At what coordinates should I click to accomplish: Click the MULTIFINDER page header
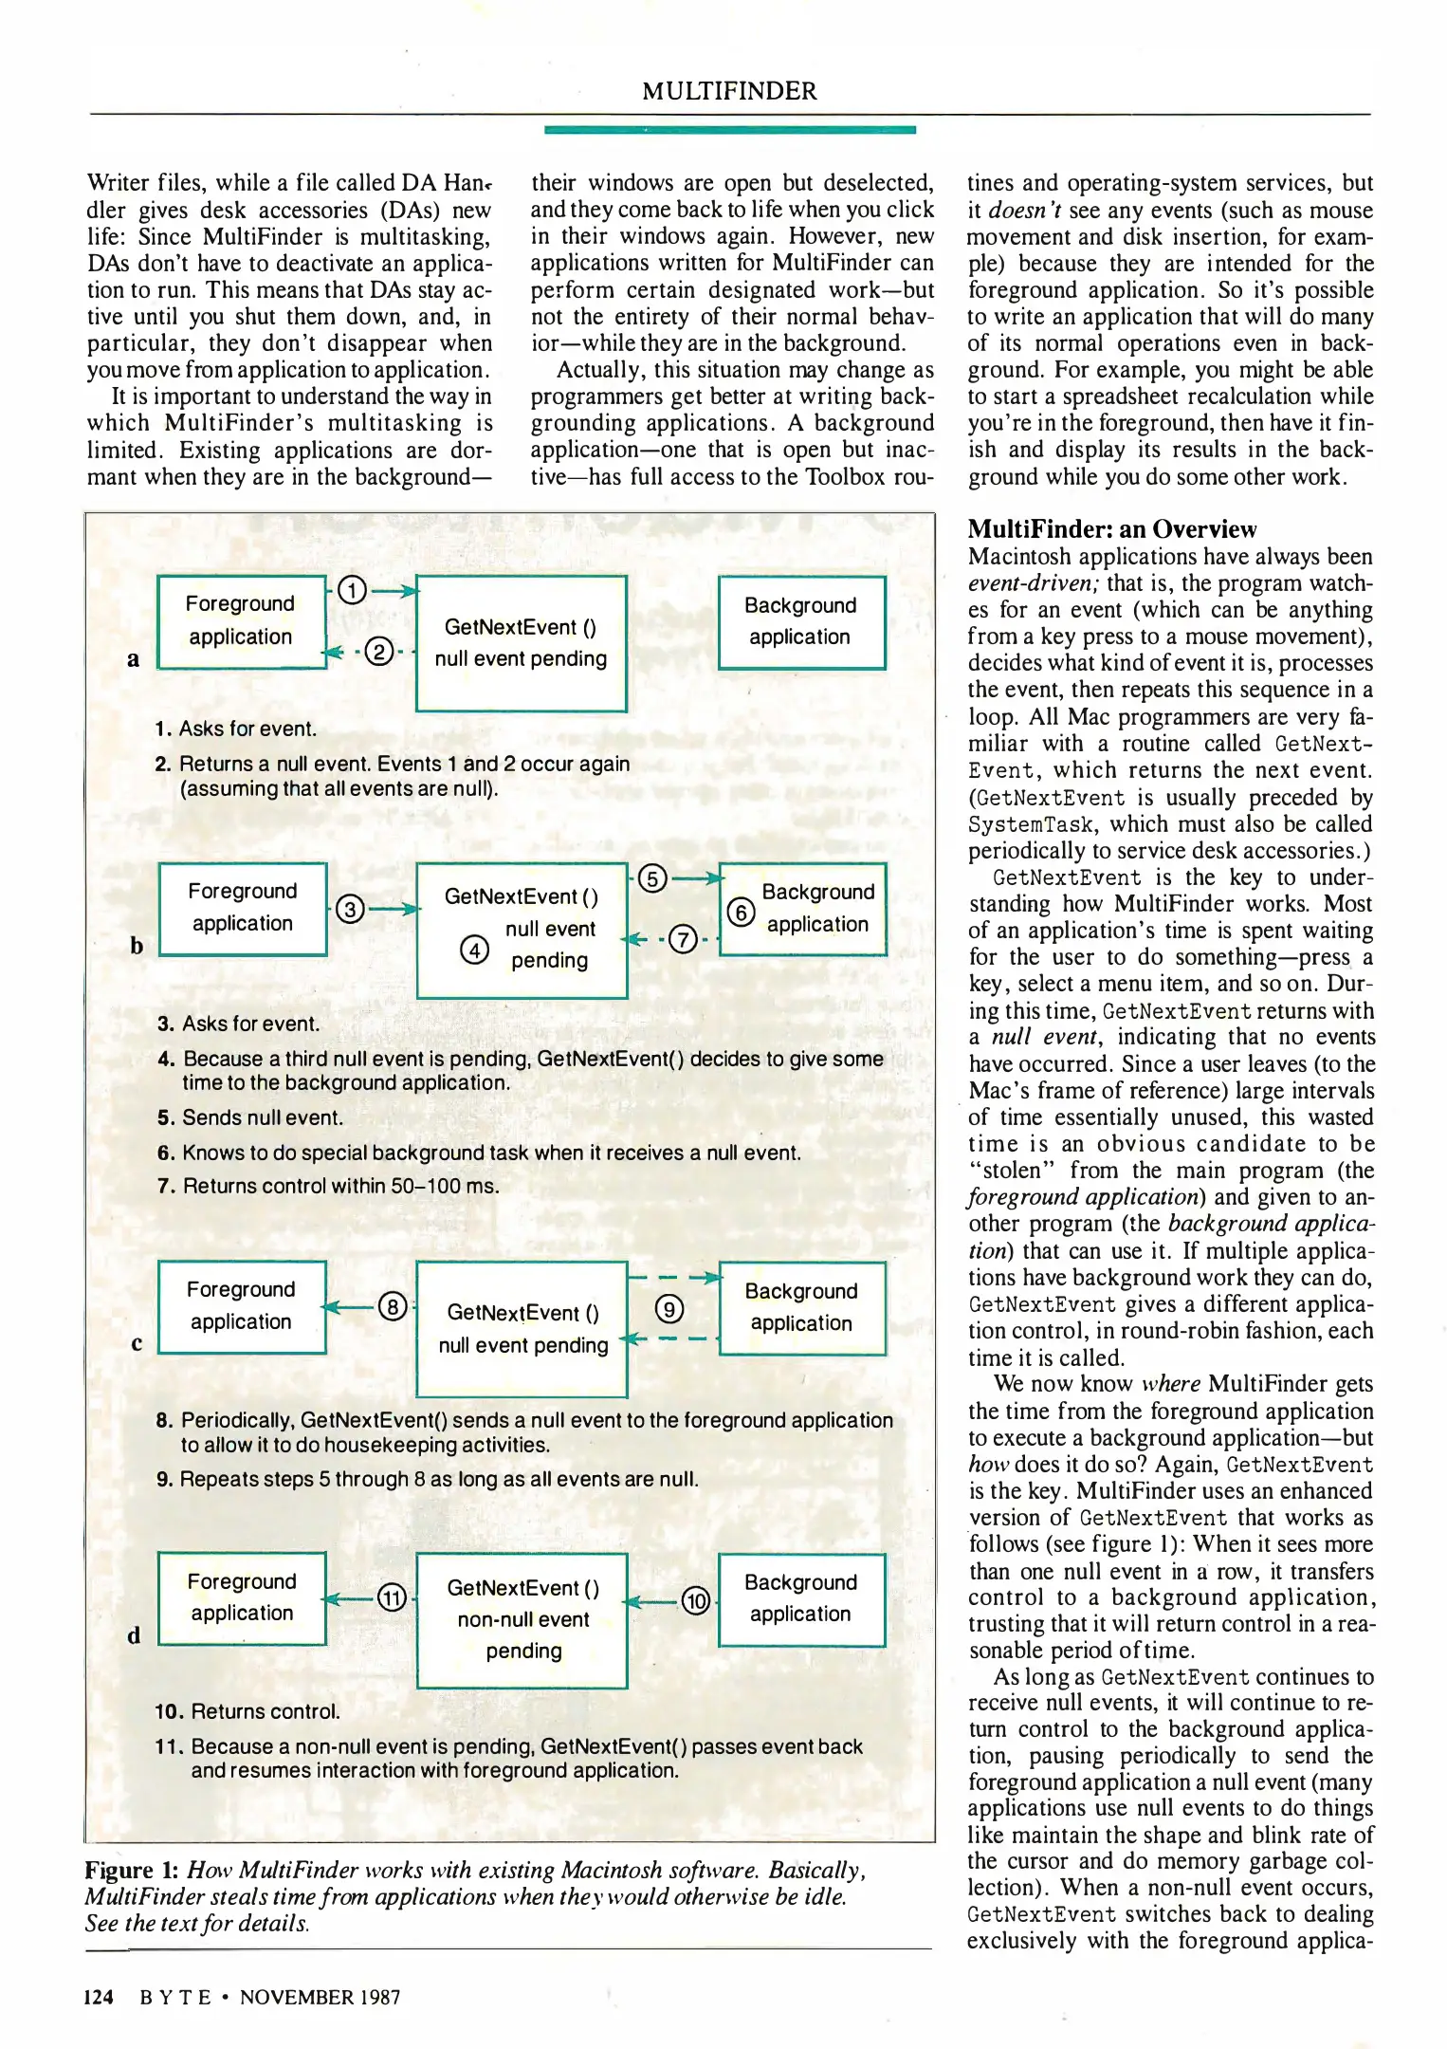click(728, 91)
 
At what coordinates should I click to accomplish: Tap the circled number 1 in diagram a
click(352, 591)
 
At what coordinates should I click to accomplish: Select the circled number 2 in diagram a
click(379, 652)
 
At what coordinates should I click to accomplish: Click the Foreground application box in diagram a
click(241, 621)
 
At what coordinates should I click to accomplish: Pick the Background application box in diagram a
click(801, 622)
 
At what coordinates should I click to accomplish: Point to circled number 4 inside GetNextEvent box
click(474, 949)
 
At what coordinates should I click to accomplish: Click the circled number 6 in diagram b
click(741, 912)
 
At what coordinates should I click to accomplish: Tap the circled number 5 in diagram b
click(653, 878)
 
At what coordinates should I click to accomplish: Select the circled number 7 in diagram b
click(683, 939)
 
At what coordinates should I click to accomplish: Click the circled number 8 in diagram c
click(394, 1307)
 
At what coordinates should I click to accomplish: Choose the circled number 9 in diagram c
click(669, 1310)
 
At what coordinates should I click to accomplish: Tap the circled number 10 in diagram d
click(696, 1601)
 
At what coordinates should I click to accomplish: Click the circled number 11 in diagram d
click(393, 1598)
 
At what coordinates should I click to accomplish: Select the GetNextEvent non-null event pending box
click(522, 1620)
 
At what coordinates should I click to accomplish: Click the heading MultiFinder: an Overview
click(1111, 529)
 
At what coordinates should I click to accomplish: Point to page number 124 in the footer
click(99, 1997)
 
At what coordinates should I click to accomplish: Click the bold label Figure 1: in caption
click(132, 1870)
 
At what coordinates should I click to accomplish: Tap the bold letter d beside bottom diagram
click(134, 1634)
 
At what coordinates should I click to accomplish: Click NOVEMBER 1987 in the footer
click(320, 1997)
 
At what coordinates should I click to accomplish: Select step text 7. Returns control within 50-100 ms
click(328, 1186)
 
